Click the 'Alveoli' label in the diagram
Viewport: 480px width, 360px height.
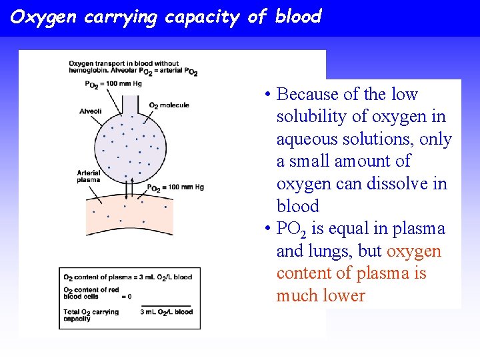click(x=90, y=111)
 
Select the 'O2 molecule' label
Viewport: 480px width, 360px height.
click(x=169, y=105)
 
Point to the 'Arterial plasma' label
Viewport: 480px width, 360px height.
click(x=89, y=176)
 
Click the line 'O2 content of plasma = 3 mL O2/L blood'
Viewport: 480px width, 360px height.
click(x=127, y=277)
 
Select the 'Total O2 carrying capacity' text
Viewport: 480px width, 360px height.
click(x=91, y=315)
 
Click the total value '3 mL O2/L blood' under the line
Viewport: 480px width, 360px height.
click(x=166, y=312)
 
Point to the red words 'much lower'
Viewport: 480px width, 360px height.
click(x=321, y=296)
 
